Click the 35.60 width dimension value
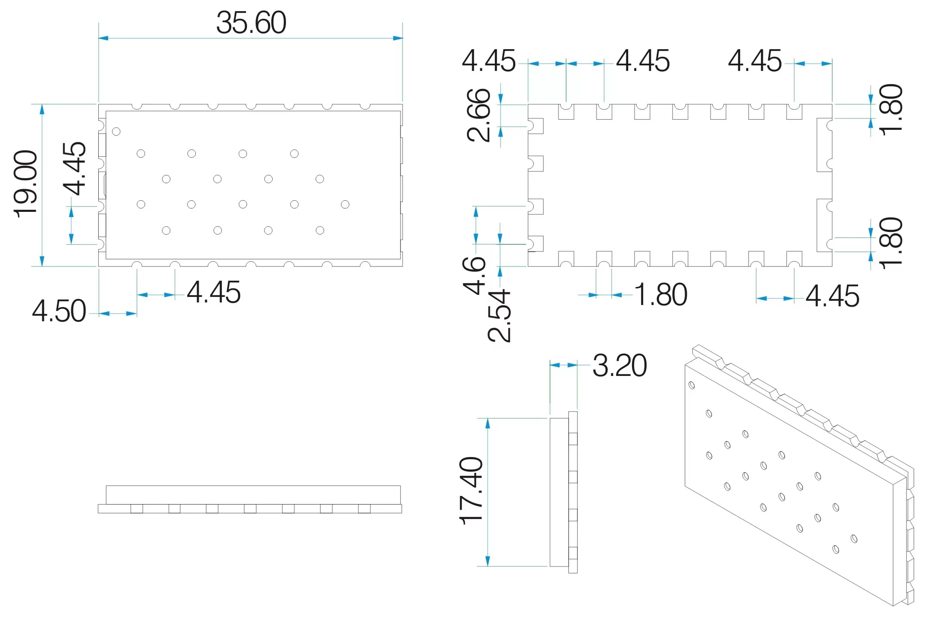(x=251, y=23)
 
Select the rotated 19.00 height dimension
(x=26, y=184)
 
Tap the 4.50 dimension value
(x=59, y=311)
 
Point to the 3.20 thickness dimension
(x=620, y=366)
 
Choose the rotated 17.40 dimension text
(x=471, y=491)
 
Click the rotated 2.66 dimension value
(x=479, y=115)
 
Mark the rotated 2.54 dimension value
(x=499, y=316)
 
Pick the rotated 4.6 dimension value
(x=475, y=276)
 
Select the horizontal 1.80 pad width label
(x=661, y=295)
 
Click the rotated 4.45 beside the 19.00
(x=75, y=168)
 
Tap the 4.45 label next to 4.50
(x=214, y=293)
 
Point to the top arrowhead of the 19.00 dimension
(x=42, y=109)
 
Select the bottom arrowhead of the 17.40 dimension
(x=488, y=562)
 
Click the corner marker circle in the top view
(x=116, y=132)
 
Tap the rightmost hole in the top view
(x=345, y=205)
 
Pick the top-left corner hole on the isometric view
(x=692, y=385)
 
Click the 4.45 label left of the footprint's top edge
(x=489, y=61)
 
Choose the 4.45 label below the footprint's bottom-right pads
(x=832, y=296)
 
